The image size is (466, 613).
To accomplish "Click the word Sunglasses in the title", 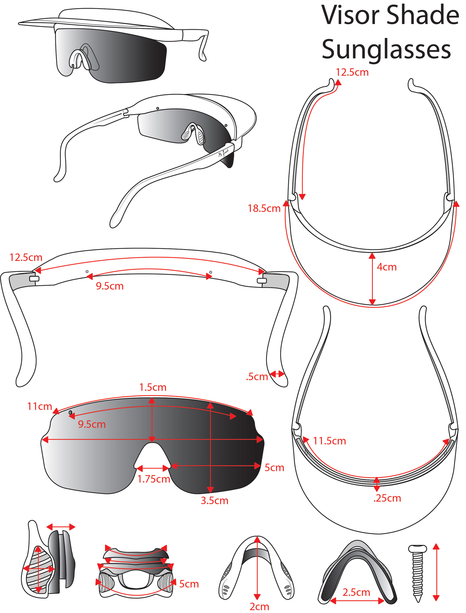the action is tap(386, 49).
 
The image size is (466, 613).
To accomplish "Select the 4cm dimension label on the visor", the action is tap(386, 267).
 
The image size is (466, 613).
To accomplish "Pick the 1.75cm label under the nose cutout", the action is tap(154, 479).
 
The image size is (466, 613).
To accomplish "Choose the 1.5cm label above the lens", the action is tap(153, 387).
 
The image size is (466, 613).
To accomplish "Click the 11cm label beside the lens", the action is tap(39, 406).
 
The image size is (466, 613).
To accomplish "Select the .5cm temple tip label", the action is tap(257, 377).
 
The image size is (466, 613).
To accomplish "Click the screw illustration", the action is tap(417, 572).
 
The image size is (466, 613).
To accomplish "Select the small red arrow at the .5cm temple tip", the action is tap(277, 374).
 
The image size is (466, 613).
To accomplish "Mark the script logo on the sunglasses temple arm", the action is tap(224, 153).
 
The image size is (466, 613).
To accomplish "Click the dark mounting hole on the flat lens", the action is tap(70, 413).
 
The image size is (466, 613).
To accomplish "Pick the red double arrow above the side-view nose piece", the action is tap(61, 527).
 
